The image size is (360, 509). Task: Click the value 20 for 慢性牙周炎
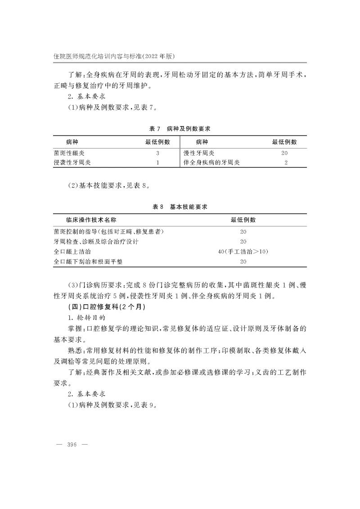coord(284,153)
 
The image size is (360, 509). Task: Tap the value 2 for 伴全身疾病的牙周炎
coord(286,162)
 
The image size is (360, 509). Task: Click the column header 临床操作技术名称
coord(91,220)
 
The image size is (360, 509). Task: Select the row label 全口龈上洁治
coord(72,251)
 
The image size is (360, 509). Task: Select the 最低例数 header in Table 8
coord(243,220)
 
